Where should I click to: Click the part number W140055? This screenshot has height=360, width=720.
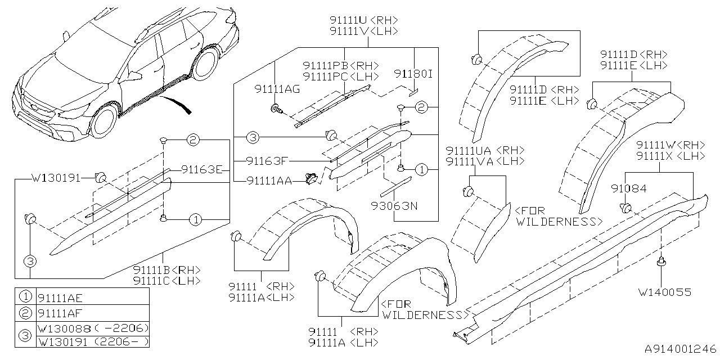tap(664, 292)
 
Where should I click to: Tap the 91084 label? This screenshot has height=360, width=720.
tap(629, 190)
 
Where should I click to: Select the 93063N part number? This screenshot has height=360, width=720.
tap(394, 206)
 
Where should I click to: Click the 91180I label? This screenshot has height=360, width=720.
tap(413, 74)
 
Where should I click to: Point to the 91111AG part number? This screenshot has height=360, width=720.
tap(277, 89)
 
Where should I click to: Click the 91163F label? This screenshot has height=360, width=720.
tap(268, 161)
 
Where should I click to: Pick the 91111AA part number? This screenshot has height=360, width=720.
tap(269, 181)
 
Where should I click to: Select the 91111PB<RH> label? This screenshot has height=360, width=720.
tap(340, 66)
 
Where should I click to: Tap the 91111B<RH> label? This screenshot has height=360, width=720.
tap(167, 270)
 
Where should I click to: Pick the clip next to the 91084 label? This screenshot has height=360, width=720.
tap(625, 209)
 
